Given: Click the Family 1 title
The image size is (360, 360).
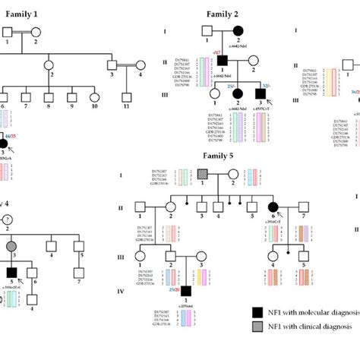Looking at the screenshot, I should click(24, 14).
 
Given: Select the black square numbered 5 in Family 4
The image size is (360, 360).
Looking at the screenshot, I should click(11, 271).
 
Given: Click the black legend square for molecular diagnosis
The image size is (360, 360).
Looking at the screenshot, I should click(257, 312).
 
